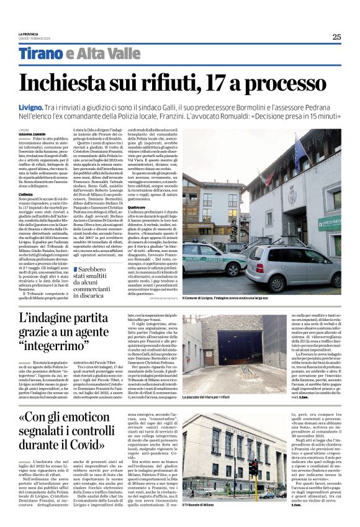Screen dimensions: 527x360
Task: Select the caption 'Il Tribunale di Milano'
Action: pyautogui.click(x=204, y=505)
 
